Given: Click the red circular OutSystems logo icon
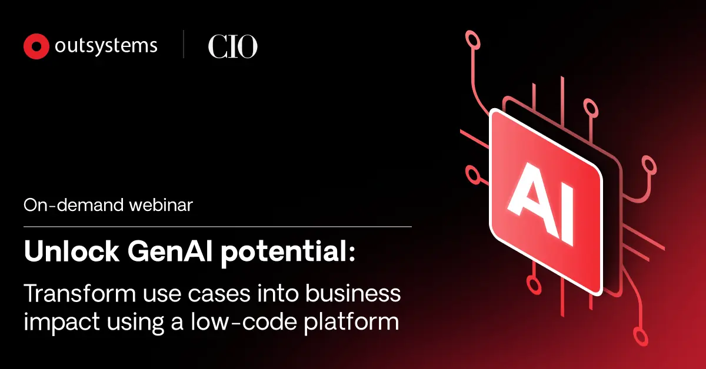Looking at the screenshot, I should click(x=36, y=46).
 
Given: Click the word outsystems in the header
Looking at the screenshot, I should click(x=106, y=46).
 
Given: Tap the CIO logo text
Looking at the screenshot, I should click(x=232, y=47).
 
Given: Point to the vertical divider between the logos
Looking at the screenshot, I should click(x=184, y=46).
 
